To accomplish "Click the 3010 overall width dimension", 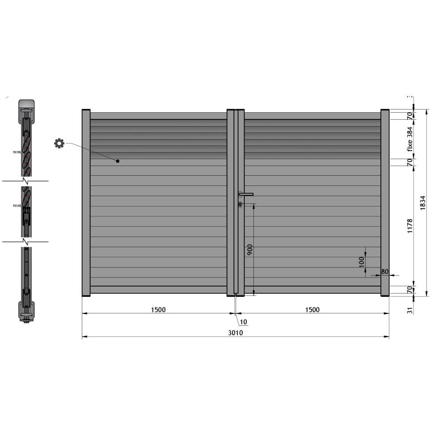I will [236, 333].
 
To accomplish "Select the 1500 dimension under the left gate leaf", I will [158, 310].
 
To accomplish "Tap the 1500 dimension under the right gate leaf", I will [312, 310].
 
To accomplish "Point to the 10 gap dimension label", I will [243, 322].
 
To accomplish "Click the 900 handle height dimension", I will [250, 250].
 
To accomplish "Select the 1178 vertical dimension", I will [410, 227].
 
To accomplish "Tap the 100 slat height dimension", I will [362, 261].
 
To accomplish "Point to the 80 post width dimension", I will [384, 271].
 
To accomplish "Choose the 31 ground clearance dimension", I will [410, 309].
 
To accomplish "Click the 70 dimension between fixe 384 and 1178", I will [410, 162].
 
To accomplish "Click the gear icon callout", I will [59, 143].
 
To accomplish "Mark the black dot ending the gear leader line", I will [118, 161].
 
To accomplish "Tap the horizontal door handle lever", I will [246, 194].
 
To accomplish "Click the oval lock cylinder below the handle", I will [240, 205].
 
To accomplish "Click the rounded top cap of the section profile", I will [28, 104].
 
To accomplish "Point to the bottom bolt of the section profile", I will [28, 319].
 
